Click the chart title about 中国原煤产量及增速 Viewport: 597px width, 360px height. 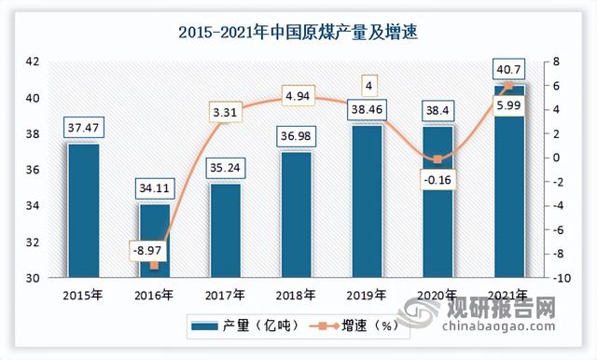pos(298,32)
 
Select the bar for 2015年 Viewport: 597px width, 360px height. pos(82,210)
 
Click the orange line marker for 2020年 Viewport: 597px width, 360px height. pos(437,159)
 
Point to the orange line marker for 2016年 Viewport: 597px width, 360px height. pos(153,266)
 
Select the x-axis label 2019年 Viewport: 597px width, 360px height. pos(366,296)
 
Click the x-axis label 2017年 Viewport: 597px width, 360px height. pos(224,296)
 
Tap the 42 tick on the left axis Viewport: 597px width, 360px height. pos(32,62)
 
